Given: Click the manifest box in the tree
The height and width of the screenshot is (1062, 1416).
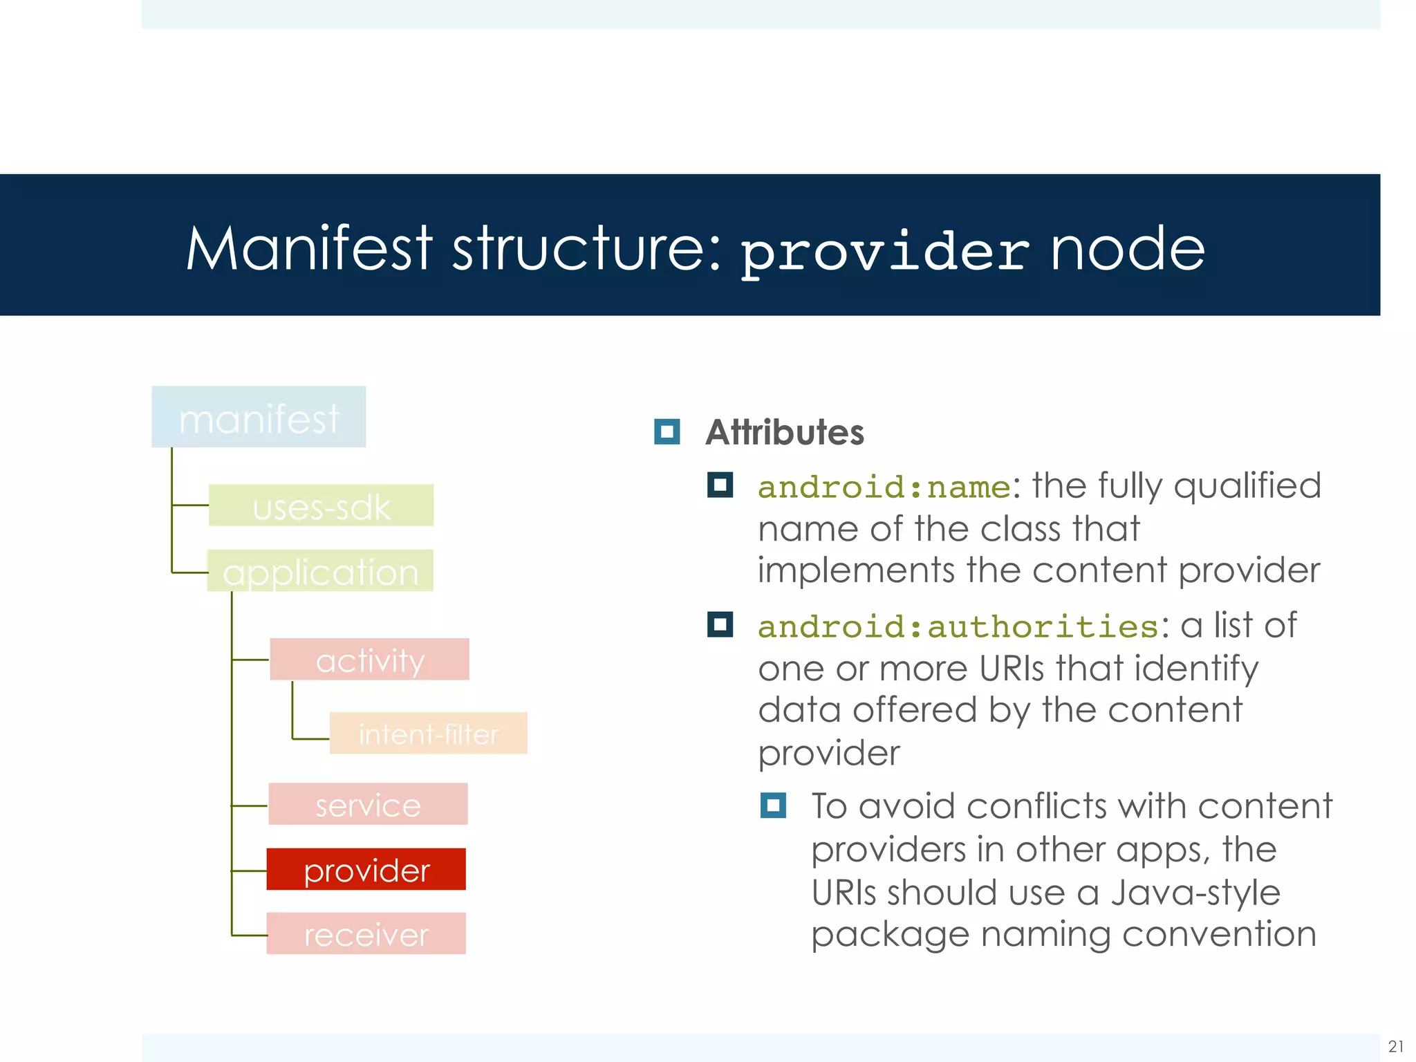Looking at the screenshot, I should pos(259,417).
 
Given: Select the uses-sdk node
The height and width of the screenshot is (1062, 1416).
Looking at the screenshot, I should pos(321,505).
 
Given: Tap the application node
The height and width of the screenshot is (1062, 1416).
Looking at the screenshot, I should pos(320,571).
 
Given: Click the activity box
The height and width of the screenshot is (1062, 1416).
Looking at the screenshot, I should pos(369,660).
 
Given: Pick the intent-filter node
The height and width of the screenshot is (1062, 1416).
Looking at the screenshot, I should pos(428,733).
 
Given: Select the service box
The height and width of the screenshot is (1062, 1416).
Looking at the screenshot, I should pos(368,804).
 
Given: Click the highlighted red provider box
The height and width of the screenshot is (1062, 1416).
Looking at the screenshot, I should pos(366,869).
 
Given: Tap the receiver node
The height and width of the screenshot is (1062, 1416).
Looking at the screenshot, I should pos(366,934).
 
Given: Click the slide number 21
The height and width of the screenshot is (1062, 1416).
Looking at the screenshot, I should pos(1395,1046).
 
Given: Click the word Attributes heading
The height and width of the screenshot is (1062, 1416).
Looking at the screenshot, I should pos(784,433).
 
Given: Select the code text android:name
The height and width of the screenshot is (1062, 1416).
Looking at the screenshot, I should pos(884,487).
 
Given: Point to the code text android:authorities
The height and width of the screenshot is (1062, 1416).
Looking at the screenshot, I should pos(958,626).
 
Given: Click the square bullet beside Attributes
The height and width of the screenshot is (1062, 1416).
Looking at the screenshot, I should pos(667,432).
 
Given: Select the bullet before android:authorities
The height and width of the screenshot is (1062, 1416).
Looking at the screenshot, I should pos(720,625).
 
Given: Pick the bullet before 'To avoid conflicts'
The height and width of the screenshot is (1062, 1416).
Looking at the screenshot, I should pos(772,805).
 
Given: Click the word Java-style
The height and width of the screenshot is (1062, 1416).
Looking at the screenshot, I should pos(1195,892).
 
